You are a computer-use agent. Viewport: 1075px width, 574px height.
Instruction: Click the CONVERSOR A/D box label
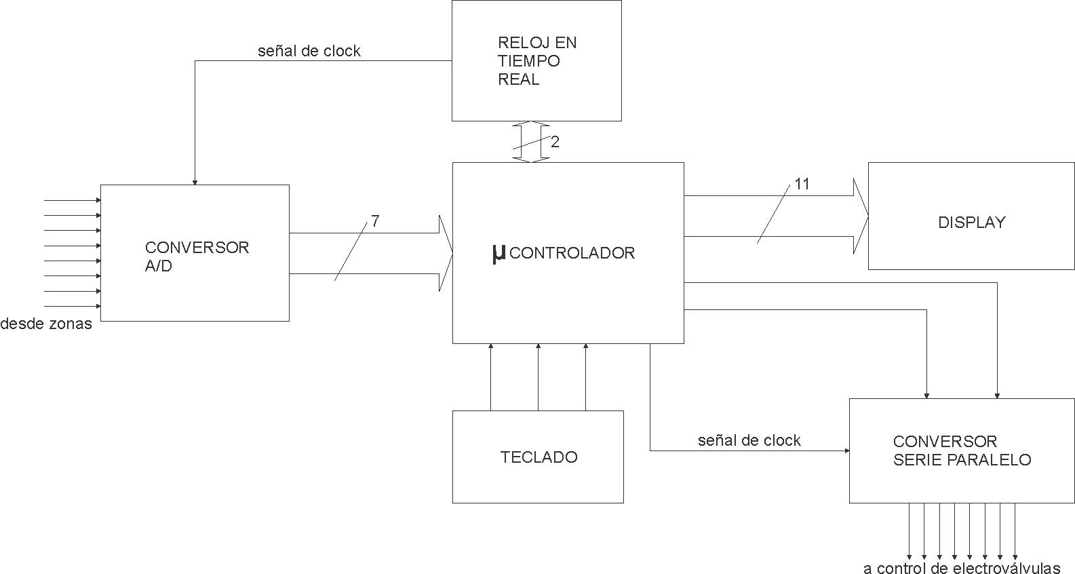[x=197, y=256]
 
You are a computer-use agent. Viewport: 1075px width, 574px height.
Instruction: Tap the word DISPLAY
[x=971, y=223]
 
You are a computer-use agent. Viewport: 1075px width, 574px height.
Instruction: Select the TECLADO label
[x=539, y=457]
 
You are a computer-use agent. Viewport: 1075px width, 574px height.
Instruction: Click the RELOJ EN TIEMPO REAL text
[x=536, y=61]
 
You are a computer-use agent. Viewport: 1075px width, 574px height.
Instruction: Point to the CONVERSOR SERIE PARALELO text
[x=961, y=451]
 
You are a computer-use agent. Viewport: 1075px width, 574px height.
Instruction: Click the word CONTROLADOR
[x=572, y=253]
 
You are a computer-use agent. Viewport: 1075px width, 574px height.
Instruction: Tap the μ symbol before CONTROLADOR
[x=499, y=253]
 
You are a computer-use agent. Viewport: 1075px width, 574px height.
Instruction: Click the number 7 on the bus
[x=375, y=221]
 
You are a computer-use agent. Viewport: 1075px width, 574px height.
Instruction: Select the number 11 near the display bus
[x=802, y=184]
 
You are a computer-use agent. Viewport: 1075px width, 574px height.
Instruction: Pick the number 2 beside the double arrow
[x=555, y=142]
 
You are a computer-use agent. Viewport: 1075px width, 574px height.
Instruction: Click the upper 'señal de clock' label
[x=309, y=51]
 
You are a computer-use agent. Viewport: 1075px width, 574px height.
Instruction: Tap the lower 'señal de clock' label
[x=749, y=440]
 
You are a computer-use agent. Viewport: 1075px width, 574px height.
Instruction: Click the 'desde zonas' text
[x=45, y=324]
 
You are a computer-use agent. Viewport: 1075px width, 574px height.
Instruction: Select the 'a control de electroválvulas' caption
[x=961, y=568]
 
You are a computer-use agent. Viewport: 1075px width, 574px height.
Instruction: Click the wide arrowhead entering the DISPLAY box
[x=861, y=216]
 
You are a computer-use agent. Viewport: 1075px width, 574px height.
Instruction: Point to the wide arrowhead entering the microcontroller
[x=446, y=253]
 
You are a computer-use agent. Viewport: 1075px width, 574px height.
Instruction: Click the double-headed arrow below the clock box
[x=530, y=142]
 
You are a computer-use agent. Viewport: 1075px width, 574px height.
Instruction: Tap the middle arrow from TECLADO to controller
[x=538, y=377]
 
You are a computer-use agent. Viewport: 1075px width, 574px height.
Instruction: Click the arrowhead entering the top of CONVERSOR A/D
[x=195, y=181]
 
